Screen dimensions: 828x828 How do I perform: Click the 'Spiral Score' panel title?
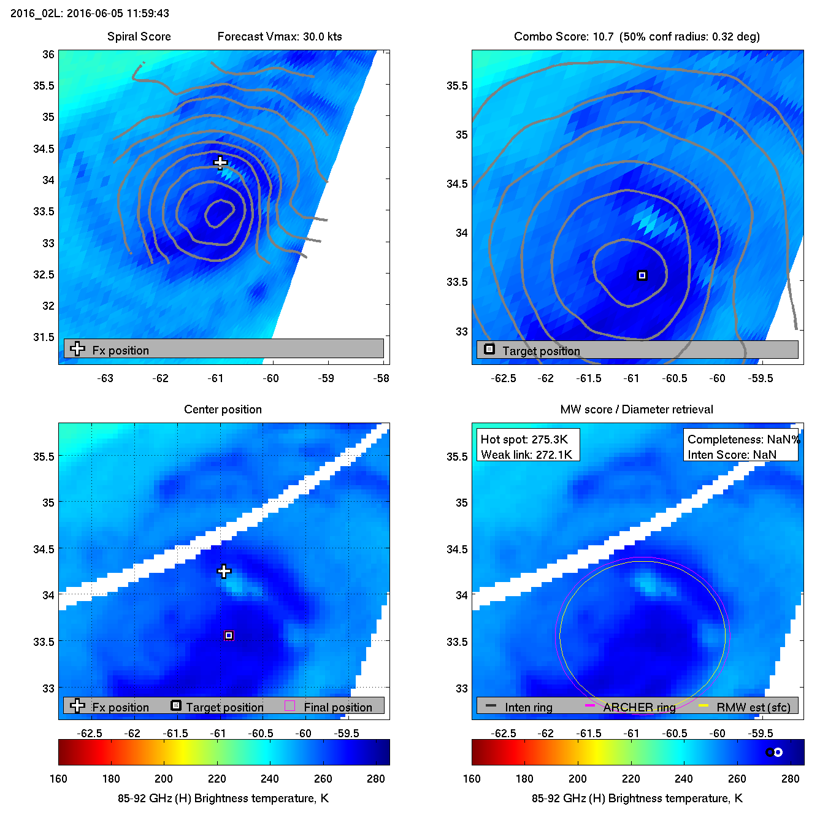coord(139,36)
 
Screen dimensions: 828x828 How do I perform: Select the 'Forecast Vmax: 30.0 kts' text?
coord(280,36)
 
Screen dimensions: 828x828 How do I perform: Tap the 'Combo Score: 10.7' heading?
coord(564,36)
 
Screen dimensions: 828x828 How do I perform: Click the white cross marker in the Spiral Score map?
coord(220,163)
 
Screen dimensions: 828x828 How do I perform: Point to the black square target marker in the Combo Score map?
coord(642,275)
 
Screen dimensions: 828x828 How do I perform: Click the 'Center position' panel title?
coord(223,409)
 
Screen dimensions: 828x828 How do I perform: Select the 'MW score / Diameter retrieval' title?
coord(637,409)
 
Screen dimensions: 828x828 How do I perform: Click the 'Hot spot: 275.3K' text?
coord(524,439)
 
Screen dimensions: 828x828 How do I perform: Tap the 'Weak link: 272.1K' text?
coord(526,454)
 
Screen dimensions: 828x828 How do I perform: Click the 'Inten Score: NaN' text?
coord(732,454)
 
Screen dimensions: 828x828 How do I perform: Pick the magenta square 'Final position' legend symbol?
coord(290,706)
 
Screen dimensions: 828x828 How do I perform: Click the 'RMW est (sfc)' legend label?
coord(753,707)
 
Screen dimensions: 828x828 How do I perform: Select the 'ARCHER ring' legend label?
coord(639,707)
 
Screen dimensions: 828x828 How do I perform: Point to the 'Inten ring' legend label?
coord(528,707)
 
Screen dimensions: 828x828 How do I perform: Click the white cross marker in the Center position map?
coord(224,571)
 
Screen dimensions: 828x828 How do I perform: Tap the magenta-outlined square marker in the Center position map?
coord(229,635)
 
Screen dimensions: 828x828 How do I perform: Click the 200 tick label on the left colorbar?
coord(164,778)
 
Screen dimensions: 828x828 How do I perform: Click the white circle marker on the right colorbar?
coord(778,752)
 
